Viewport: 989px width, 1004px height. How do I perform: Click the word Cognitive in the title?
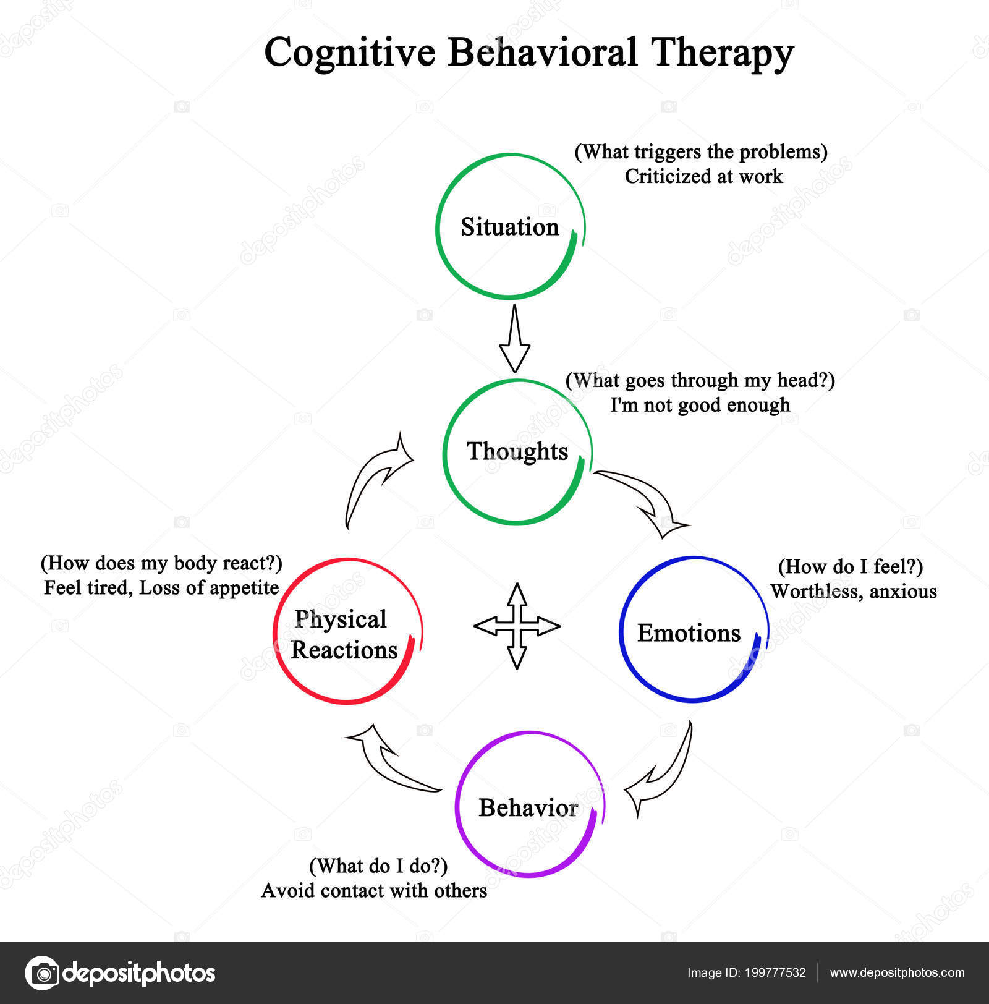coord(349,53)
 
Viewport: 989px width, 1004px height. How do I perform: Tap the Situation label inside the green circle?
coord(509,227)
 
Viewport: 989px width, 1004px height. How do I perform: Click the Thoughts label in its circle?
coord(517,451)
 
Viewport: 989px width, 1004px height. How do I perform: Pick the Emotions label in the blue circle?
coord(689,633)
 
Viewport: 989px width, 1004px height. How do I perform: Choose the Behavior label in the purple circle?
coord(528,807)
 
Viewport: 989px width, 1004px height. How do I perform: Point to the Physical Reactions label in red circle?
coord(344,634)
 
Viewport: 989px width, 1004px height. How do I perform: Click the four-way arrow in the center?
coord(517,626)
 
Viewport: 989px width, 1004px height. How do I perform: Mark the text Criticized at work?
coord(703,176)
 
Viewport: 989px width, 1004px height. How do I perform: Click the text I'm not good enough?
coord(700,405)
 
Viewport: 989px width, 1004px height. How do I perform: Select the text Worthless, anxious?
coord(853,592)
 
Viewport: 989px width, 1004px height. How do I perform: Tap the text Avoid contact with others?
coord(374,890)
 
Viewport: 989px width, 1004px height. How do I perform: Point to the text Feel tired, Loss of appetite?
coord(161,587)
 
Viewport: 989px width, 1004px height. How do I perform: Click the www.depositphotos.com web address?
coord(897,972)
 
